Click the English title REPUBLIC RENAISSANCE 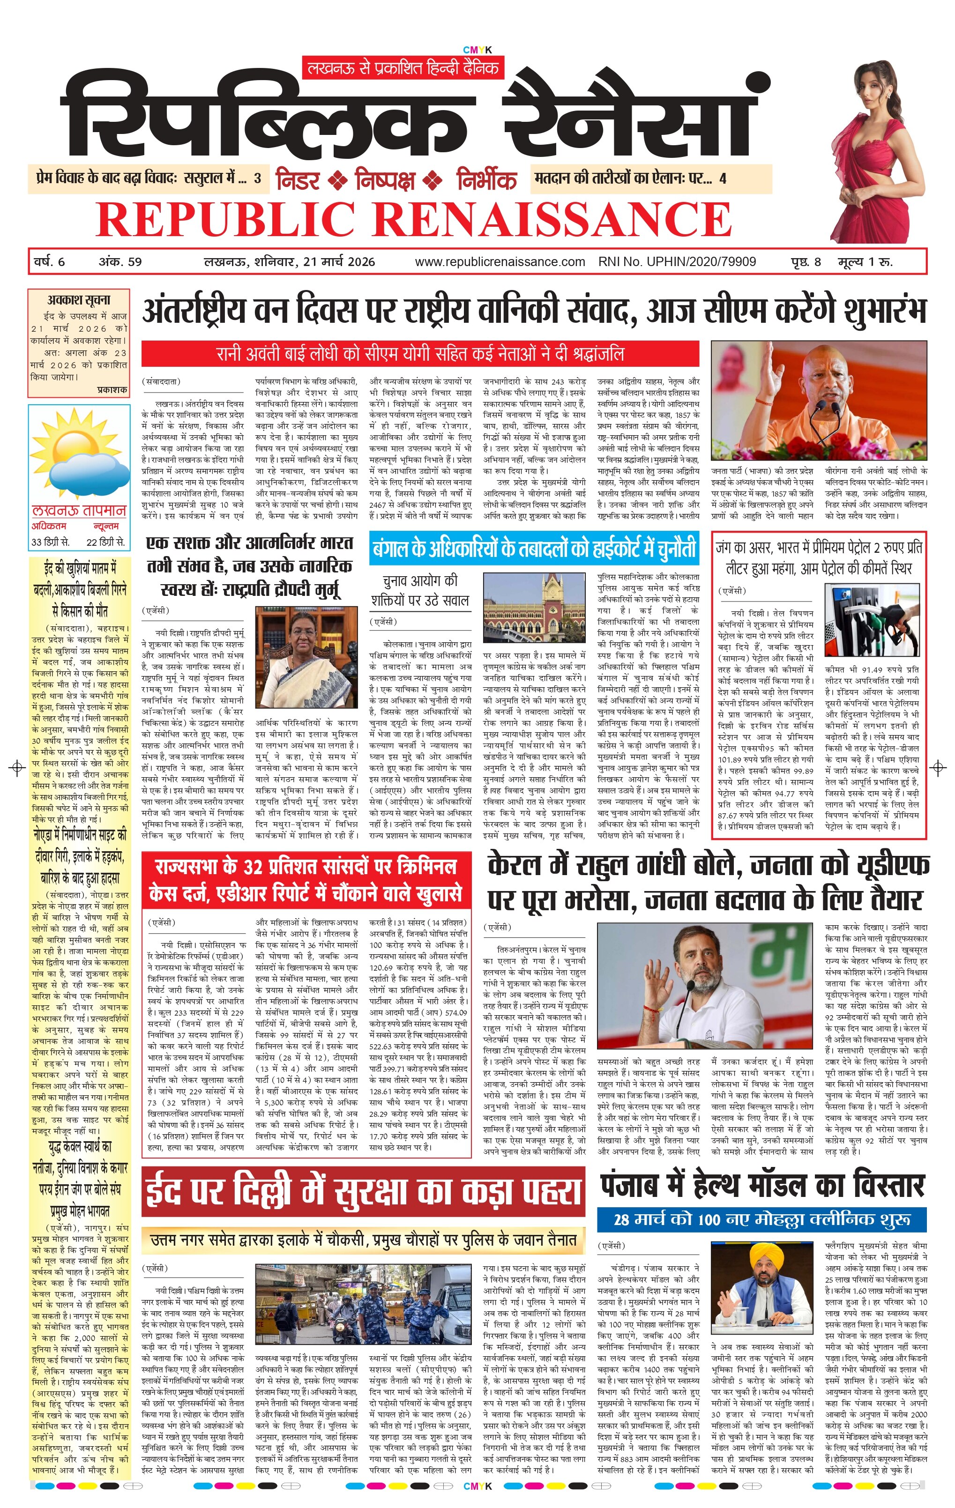click(413, 219)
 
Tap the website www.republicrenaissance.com click(500, 262)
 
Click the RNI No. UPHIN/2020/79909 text click(677, 262)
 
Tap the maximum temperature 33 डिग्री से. click(51, 542)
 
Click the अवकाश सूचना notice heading click(79, 300)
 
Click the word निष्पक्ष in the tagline click(385, 180)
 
